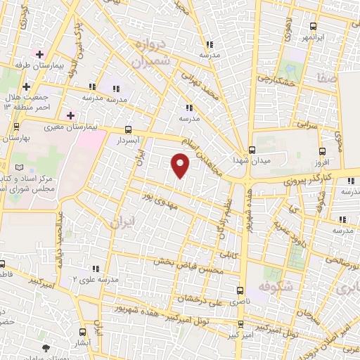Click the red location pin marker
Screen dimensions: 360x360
(x=181, y=166)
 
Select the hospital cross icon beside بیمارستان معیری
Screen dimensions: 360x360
(x=70, y=115)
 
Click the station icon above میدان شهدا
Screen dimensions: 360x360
(x=252, y=150)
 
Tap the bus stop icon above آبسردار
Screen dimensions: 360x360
(x=127, y=129)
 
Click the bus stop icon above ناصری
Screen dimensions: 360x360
(x=240, y=290)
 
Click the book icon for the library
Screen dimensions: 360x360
(x=27, y=167)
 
